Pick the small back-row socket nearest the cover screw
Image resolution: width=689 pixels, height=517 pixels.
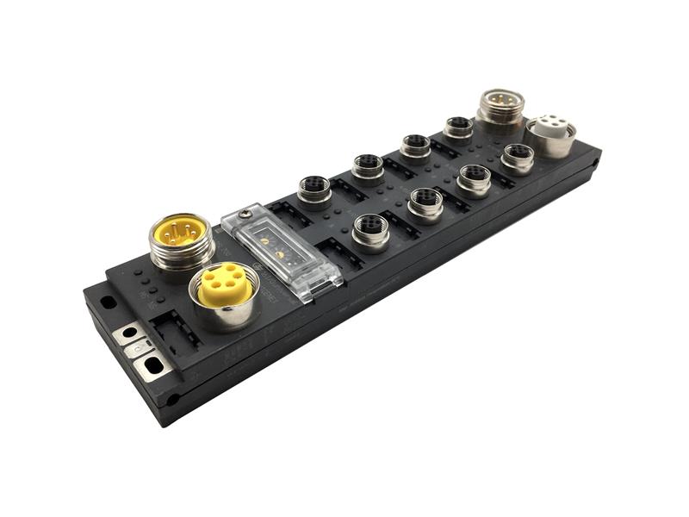pyautogui.click(x=314, y=190)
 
